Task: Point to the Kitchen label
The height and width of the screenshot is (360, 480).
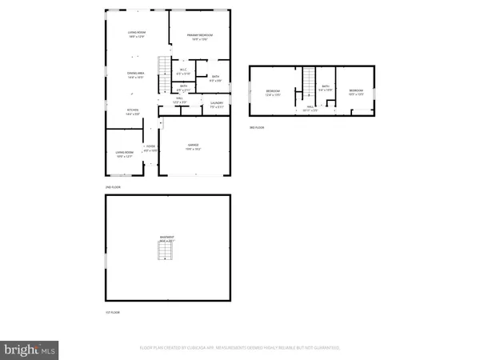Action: [133, 112]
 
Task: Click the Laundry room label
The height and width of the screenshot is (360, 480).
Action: [216, 104]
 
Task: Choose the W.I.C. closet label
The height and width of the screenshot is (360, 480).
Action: [183, 71]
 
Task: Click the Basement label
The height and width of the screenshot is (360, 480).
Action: [167, 239]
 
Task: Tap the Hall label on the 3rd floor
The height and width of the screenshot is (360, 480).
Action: [310, 107]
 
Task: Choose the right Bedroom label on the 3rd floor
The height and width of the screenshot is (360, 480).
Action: [356, 92]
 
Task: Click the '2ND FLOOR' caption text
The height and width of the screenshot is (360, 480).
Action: [113, 186]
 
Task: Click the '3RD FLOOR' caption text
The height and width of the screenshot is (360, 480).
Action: [257, 126]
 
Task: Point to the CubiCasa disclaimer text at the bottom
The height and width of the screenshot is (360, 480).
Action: [240, 348]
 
